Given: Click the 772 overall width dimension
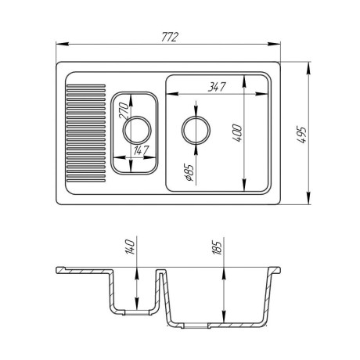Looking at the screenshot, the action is coord(170,37).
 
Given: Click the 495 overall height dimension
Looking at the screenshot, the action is coord(301,135).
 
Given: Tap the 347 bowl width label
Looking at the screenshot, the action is coord(217,87).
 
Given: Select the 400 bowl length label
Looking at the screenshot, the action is coord(237,133).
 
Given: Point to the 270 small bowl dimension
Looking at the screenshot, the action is coord(124,110).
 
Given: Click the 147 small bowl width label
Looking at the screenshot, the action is coord(141,150).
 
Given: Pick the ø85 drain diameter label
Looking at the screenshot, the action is coord(189,172).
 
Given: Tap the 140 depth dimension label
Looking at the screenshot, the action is coord(130,247).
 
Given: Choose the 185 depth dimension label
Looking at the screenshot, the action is coord(217,247).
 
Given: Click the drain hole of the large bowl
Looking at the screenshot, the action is coord(196,130).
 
